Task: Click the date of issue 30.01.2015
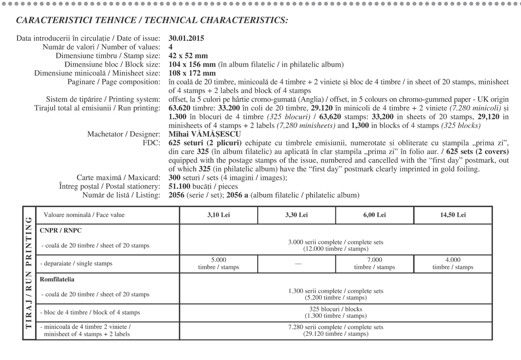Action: click(186, 38)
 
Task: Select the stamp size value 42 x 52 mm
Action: click(188, 55)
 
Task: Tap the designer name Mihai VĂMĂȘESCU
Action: click(205, 134)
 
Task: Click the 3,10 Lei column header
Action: click(218, 215)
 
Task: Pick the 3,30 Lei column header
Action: click(297, 215)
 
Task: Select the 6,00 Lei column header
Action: click(374, 215)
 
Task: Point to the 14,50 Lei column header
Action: click(453, 215)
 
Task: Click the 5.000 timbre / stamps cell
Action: click(218, 263)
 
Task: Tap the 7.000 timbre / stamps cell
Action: click(374, 263)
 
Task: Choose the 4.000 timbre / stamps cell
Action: click(453, 263)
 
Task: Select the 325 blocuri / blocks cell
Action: click(335, 312)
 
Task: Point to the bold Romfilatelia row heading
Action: click(57, 279)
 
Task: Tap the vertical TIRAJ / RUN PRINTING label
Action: click(28, 273)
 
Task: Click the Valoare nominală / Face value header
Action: click(84, 215)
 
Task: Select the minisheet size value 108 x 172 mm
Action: click(192, 73)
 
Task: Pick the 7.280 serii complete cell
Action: click(335, 331)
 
